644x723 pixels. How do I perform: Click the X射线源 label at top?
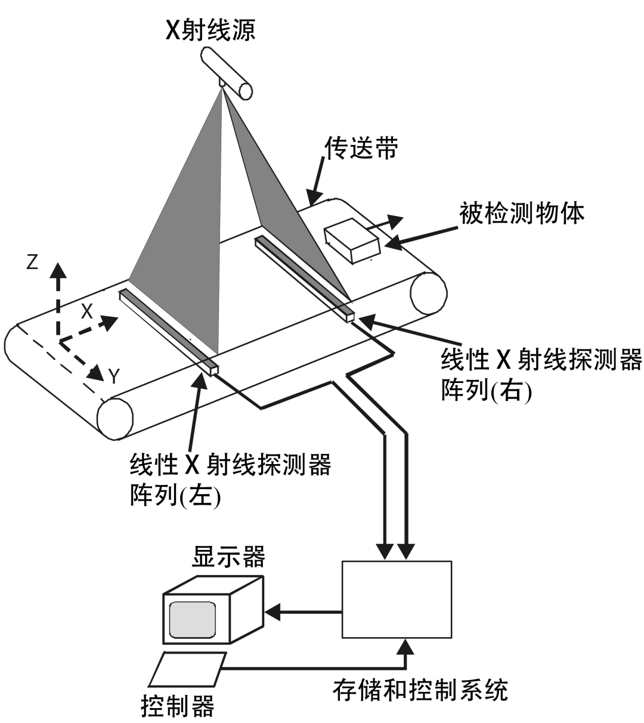[x=210, y=29]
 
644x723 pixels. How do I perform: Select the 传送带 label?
[x=360, y=150]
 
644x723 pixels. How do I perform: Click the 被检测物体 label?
[x=522, y=212]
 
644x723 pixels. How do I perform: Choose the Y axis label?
[x=114, y=376]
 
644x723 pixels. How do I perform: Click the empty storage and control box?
[x=397, y=599]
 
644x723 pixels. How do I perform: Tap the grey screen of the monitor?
[x=191, y=619]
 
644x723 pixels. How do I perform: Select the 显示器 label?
[x=228, y=557]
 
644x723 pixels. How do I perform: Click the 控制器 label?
[x=177, y=707]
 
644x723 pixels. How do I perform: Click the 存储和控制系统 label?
[x=420, y=690]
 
